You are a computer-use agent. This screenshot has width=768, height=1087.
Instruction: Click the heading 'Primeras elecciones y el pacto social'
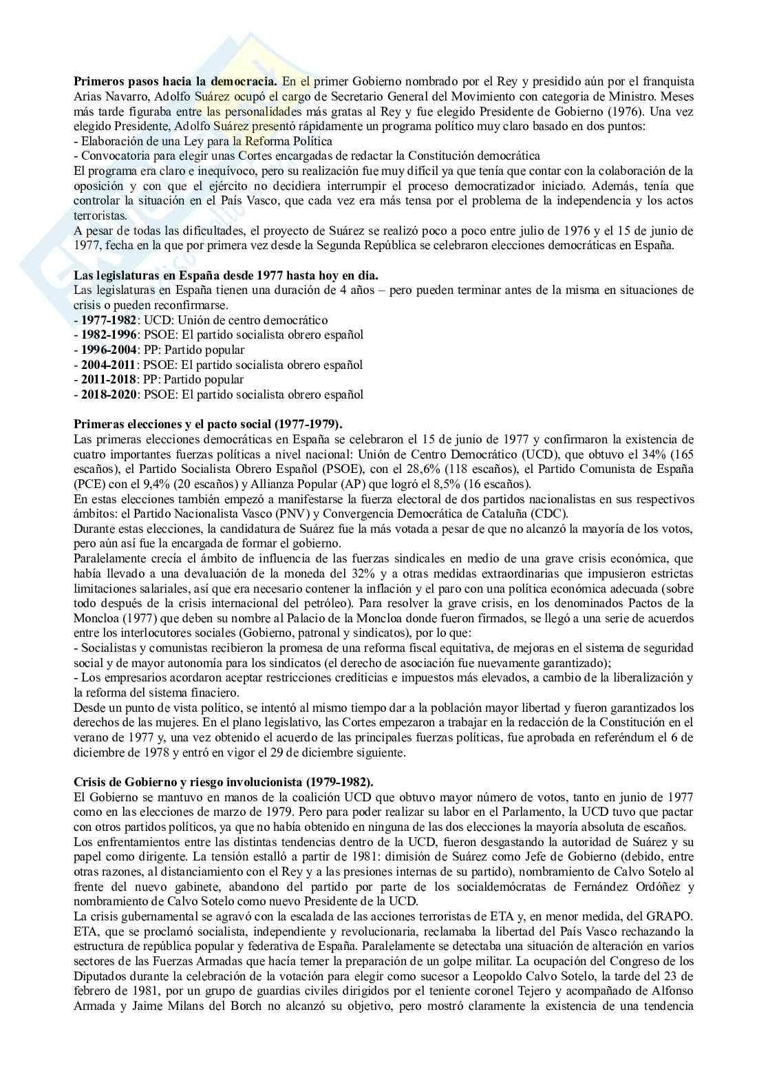pos(207,424)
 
